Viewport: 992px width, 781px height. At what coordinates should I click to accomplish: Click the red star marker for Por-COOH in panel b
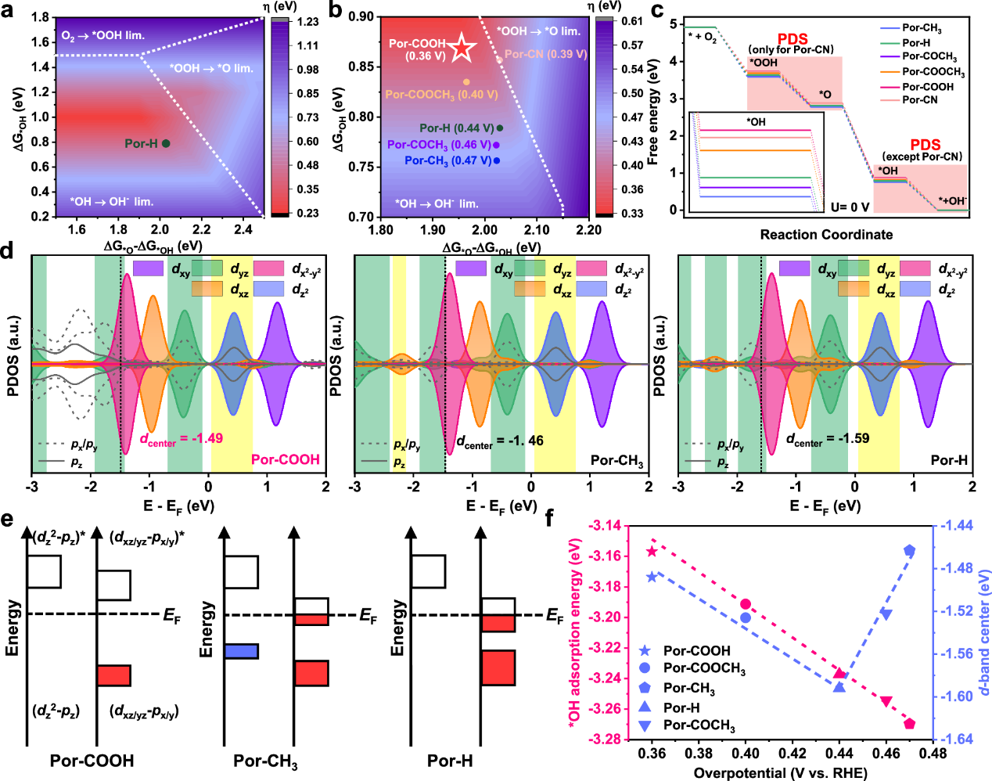pos(462,49)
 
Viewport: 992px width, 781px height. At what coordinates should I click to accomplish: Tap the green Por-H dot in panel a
pos(166,143)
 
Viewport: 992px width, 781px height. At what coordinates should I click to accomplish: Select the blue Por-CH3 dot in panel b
pos(497,160)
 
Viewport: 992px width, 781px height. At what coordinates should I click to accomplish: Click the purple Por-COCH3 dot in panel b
pos(496,145)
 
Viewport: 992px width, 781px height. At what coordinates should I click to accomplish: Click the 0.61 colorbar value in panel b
pos(632,22)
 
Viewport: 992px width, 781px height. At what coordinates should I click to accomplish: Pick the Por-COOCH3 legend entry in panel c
pos(933,72)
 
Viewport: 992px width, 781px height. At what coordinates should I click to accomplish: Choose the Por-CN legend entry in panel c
pos(919,99)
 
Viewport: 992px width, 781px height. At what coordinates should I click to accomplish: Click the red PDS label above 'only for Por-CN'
pos(792,39)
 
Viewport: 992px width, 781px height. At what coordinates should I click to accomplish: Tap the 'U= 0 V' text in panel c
pos(850,207)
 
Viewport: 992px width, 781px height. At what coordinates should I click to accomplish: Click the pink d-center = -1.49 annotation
pos(182,439)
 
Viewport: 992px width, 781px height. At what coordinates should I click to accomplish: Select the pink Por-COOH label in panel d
pos(285,459)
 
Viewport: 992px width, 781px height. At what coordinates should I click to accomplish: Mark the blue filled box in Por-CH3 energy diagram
pos(241,651)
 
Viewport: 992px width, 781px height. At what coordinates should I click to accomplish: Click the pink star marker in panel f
pos(652,552)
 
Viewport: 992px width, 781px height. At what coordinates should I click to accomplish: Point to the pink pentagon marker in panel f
pos(909,723)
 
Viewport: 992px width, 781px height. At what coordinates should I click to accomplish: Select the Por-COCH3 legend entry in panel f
pos(699,725)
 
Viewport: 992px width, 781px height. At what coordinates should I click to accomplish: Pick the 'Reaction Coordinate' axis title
pos(826,235)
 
